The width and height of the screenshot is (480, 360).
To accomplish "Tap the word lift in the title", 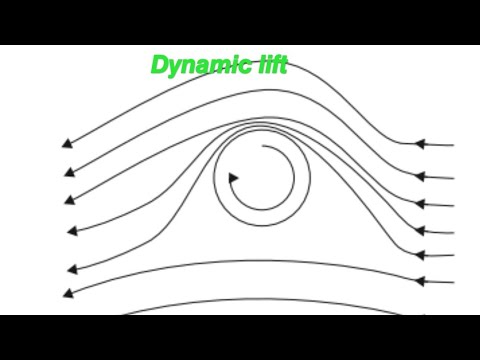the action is pos(268,65).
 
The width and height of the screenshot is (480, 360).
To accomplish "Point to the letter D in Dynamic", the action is pos(160,65).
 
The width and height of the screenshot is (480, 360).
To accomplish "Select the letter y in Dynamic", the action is pos(177,67).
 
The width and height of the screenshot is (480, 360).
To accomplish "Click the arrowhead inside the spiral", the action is pos(234,178).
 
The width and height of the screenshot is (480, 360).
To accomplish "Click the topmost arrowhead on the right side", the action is pos(420,145).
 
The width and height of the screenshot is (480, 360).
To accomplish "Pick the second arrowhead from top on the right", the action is pos(420,176).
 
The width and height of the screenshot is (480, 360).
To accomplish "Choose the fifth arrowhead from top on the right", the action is pos(420,255).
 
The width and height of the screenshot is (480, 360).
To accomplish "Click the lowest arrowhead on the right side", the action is pos(420,281).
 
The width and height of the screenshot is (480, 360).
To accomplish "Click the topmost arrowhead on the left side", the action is pos(67,143).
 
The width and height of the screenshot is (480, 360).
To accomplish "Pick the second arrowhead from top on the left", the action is pos(68,171).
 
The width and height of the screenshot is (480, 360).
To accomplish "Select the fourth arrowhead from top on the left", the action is pos(72,231).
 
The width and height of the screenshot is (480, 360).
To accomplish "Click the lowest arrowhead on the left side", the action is pos(69,293).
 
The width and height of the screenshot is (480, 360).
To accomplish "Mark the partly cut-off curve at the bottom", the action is pos(250,303).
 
